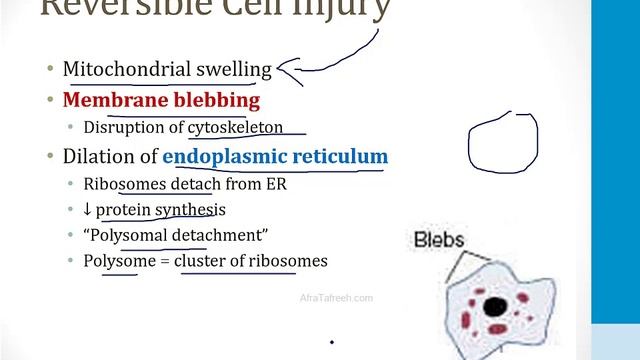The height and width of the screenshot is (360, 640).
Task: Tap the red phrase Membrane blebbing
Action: [x=161, y=100]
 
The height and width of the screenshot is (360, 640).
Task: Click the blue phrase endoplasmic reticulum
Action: [x=275, y=157]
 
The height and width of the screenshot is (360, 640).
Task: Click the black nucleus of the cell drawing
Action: [x=492, y=307]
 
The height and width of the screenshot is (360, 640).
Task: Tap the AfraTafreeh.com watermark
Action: [x=336, y=298]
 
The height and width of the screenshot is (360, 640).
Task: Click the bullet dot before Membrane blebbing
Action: [x=51, y=101]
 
